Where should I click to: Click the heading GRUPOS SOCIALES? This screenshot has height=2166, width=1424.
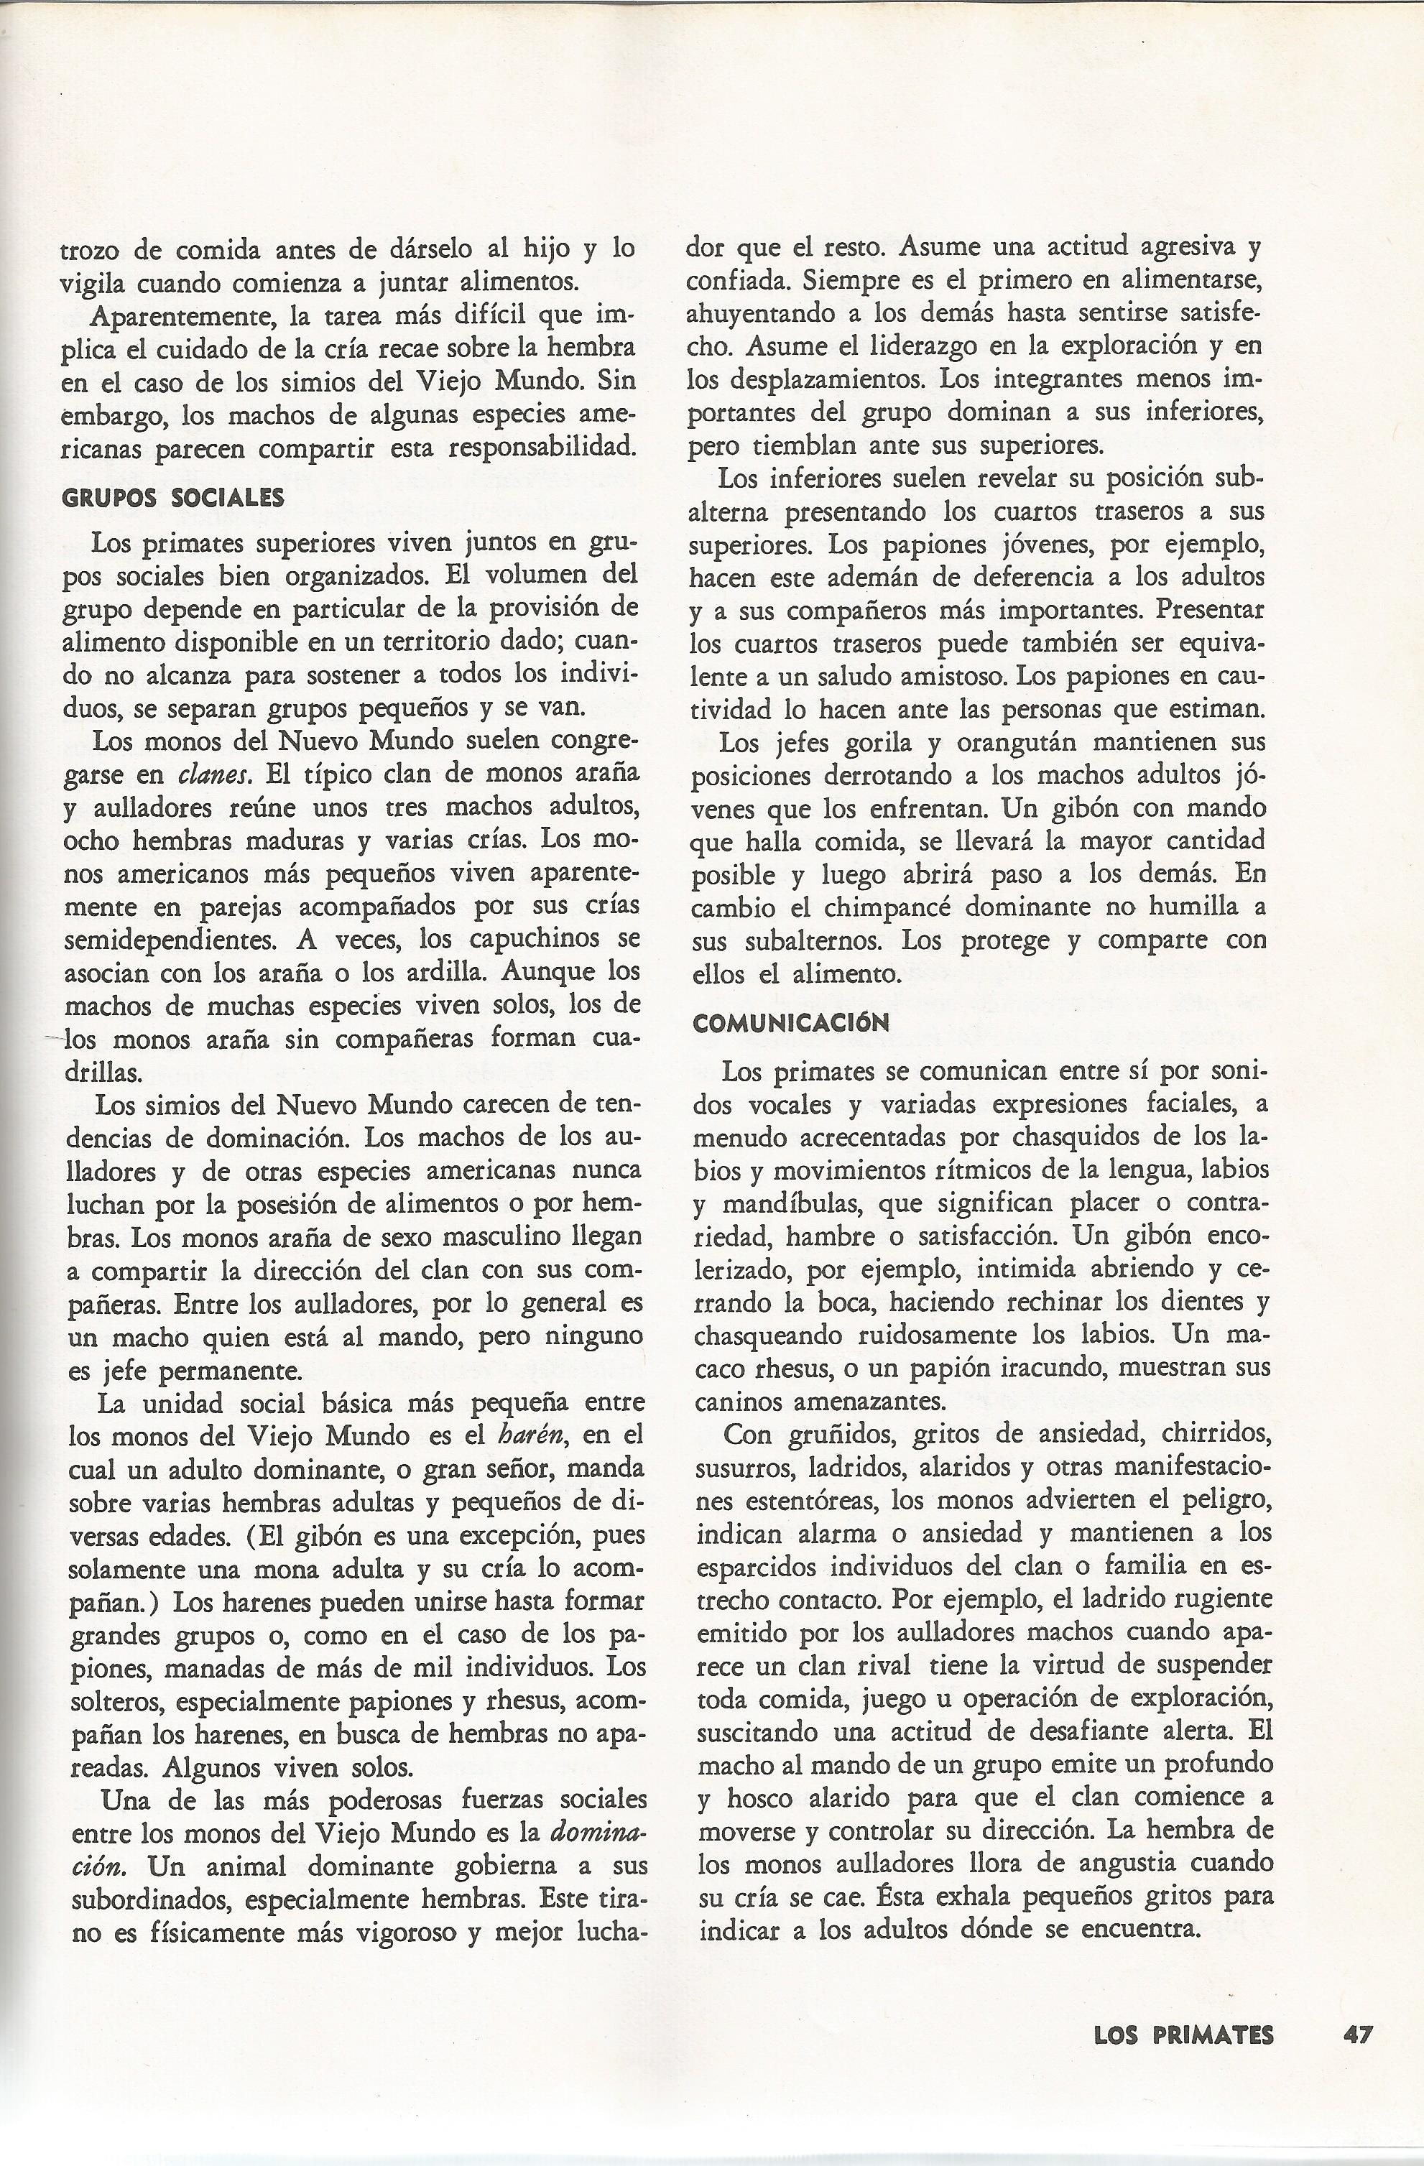click(173, 498)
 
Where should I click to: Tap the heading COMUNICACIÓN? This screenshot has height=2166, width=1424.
click(791, 1023)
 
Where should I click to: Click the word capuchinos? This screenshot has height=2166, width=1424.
click(537, 938)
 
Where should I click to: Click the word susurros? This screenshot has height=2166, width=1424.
click(738, 1468)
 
